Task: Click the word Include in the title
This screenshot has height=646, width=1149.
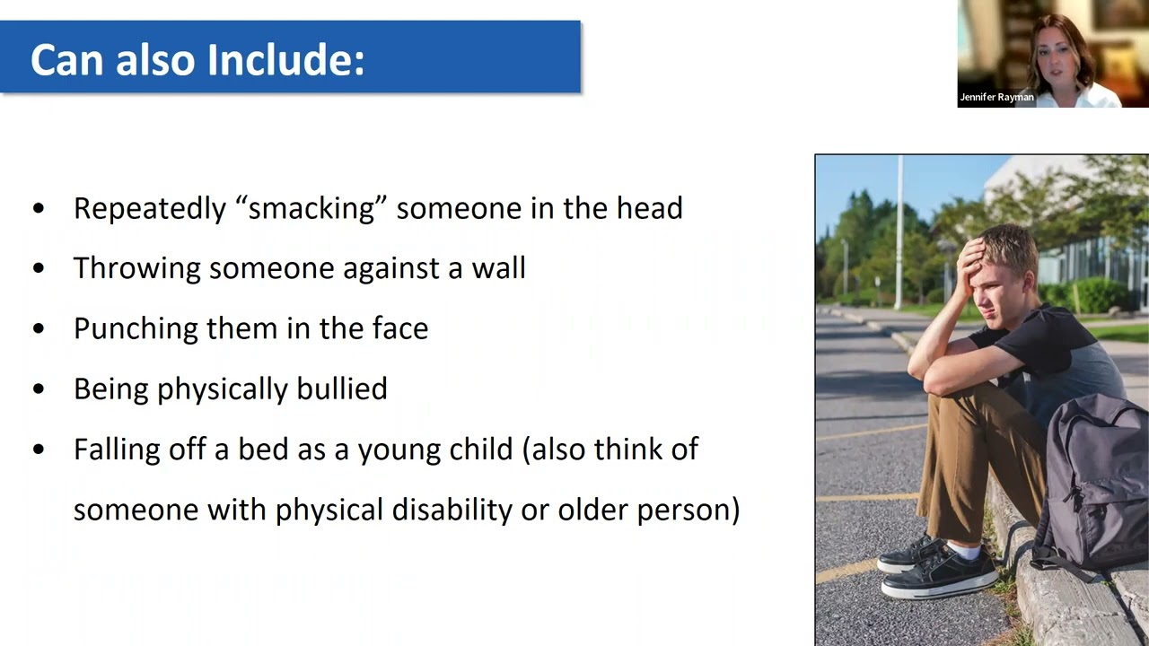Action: [x=285, y=60]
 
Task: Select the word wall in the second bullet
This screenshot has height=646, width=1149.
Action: [x=502, y=268]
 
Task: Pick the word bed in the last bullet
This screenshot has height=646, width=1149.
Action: [x=258, y=450]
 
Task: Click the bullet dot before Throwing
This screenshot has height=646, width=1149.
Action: [x=38, y=268]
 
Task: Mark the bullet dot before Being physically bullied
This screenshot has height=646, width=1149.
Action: [x=38, y=388]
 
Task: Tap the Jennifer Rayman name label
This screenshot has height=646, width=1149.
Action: [x=996, y=97]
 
